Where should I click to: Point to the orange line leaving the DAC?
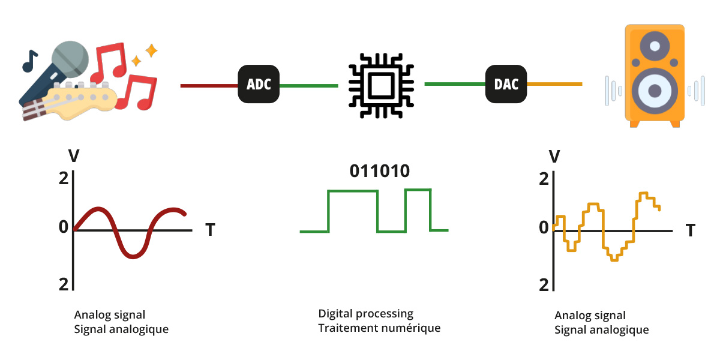coord(554,84)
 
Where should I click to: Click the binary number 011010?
coord(379,171)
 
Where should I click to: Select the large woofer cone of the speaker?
coord(655,91)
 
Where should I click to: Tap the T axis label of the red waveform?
coord(210,230)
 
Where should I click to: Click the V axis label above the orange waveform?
coord(555,157)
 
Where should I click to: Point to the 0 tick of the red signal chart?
coord(64,227)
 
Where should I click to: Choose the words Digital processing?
coord(365,313)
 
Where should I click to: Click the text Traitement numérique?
coord(379,328)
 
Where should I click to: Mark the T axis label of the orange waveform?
coord(691,230)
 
